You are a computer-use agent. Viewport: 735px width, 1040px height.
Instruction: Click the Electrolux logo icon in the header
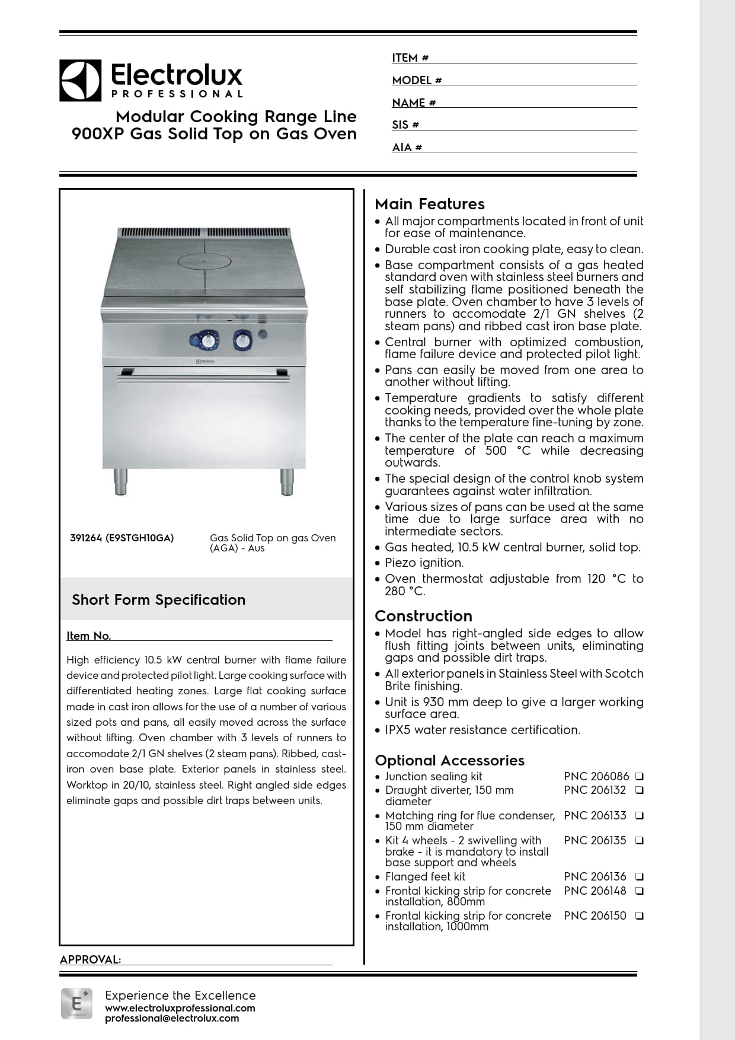pyautogui.click(x=80, y=80)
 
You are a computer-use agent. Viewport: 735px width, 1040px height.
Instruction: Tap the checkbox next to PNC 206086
pyautogui.click(x=640, y=776)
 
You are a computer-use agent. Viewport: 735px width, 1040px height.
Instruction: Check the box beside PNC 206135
pyautogui.click(x=640, y=840)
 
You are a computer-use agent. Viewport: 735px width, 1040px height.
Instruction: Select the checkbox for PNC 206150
pyautogui.click(x=640, y=915)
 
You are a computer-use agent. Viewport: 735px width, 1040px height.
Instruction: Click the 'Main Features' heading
pyautogui.click(x=430, y=204)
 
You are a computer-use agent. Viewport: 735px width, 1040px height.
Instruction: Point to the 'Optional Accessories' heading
pyautogui.click(x=449, y=760)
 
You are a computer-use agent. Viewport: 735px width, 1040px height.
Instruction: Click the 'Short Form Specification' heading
pyautogui.click(x=158, y=599)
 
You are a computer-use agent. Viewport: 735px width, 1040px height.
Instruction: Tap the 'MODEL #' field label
pyautogui.click(x=417, y=81)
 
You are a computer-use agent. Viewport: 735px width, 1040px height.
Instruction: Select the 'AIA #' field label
pyautogui.click(x=407, y=148)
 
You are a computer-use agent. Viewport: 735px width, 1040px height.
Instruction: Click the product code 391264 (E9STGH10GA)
pyautogui.click(x=122, y=538)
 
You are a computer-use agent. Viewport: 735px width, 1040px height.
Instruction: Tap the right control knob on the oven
pyautogui.click(x=243, y=340)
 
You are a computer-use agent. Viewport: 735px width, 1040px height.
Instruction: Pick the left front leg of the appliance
pyautogui.click(x=120, y=481)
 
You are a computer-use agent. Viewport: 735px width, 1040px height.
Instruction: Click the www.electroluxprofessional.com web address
pyautogui.click(x=180, y=1008)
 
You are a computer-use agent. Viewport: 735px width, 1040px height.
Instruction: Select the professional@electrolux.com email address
pyautogui.click(x=172, y=1019)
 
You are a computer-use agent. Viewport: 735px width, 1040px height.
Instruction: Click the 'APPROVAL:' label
pyautogui.click(x=90, y=960)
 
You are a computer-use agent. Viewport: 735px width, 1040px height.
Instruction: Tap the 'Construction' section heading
pyautogui.click(x=423, y=616)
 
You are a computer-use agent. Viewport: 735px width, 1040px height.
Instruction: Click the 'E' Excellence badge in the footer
pyautogui.click(x=76, y=1003)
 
